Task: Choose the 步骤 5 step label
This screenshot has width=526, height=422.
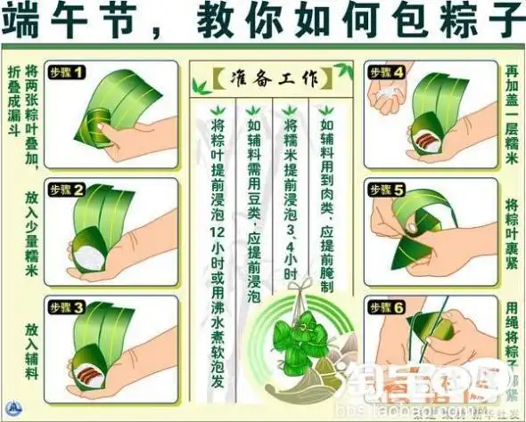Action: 387,191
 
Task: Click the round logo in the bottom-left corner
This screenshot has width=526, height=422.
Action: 11,410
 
